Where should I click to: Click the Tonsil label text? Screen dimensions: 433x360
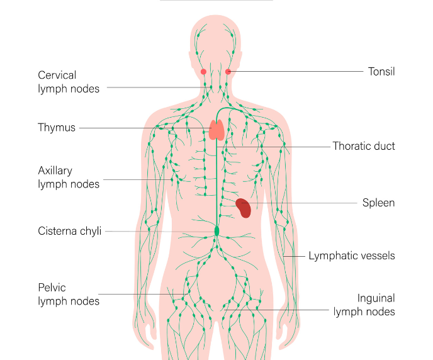pyautogui.click(x=381, y=72)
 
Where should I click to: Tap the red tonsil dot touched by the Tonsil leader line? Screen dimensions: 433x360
pyautogui.click(x=228, y=72)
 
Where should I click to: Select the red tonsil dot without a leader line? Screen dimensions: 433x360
pyautogui.click(x=203, y=72)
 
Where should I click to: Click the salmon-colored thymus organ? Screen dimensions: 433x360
pyautogui.click(x=216, y=130)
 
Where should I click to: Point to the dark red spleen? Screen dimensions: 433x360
pyautogui.click(x=244, y=208)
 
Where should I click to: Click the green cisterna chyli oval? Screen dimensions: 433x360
pyautogui.click(x=216, y=231)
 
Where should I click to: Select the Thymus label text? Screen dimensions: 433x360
pyautogui.click(x=57, y=128)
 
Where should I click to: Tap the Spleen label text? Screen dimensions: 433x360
pyautogui.click(x=379, y=203)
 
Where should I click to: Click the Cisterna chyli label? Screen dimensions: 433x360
pyautogui.click(x=70, y=231)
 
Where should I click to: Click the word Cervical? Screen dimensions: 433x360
pyautogui.click(x=57, y=75)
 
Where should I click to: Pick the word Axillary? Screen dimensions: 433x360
pyautogui.click(x=55, y=171)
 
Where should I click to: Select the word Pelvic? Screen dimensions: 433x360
pyautogui.click(x=52, y=288)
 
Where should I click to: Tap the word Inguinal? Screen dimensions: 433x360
pyautogui.click(x=376, y=298)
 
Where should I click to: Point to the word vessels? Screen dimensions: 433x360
pyautogui.click(x=373, y=256)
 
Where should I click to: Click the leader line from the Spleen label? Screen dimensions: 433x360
pyautogui.click(x=300, y=203)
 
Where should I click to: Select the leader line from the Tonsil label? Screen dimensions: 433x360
pyautogui.click(x=296, y=72)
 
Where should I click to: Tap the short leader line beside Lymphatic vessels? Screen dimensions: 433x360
pyautogui.click(x=294, y=256)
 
